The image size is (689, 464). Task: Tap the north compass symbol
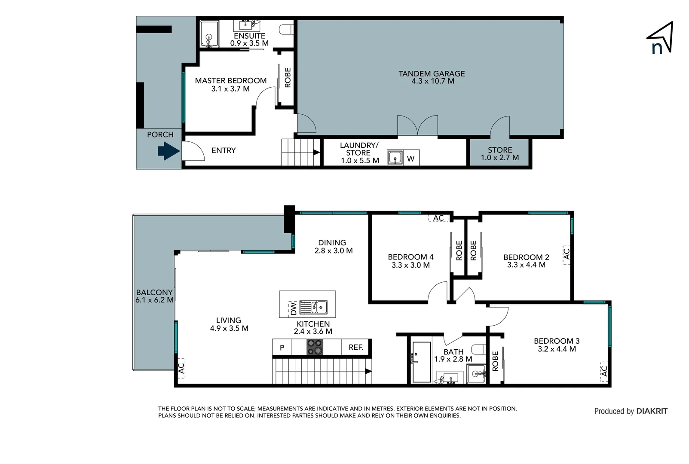coord(660,39)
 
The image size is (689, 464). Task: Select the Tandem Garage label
coord(432,74)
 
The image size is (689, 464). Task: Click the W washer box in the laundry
coord(411,159)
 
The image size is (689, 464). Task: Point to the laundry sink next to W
coord(395,158)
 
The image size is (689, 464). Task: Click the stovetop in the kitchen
coord(315,347)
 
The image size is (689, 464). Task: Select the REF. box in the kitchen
coord(356,347)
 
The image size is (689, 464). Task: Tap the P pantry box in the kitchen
coord(282,347)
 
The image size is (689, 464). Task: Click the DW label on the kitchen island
coord(293,308)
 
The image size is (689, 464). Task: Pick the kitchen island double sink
coord(314,307)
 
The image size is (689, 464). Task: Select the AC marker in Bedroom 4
coord(438,218)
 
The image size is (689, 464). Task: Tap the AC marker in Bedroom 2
coord(567,254)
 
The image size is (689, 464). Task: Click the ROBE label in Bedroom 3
coord(495,361)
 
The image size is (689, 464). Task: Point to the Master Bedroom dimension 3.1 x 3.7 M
coord(230,89)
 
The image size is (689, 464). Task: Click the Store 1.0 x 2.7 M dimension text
coord(500,158)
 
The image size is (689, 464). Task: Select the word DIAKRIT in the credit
coord(652,411)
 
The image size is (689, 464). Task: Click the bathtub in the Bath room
coord(421,362)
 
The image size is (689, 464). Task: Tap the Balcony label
coord(154,292)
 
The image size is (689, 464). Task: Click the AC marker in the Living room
coord(181,368)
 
